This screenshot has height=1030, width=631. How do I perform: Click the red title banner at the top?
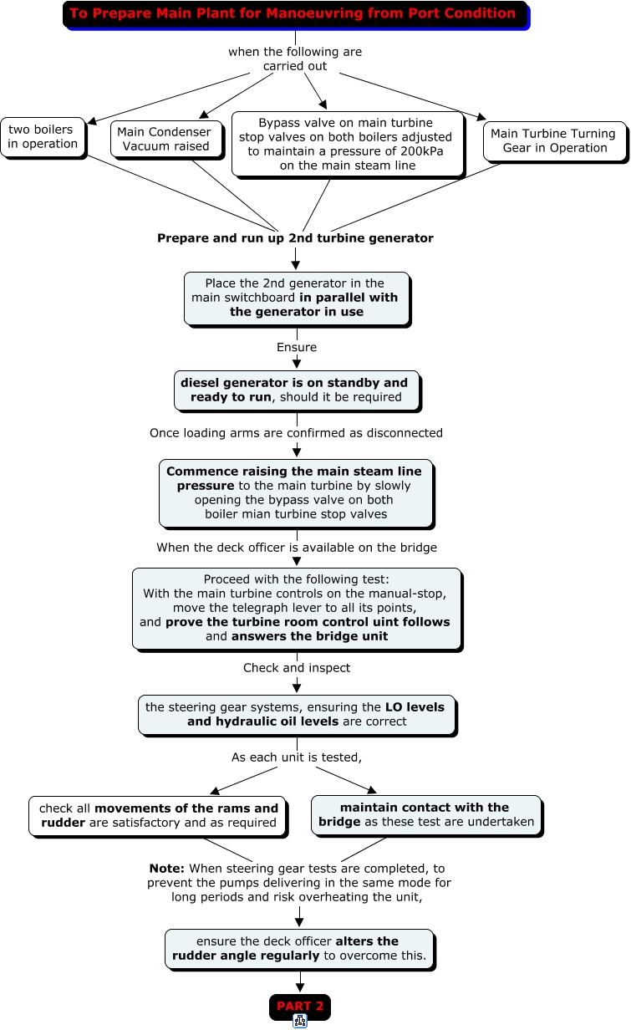(296, 15)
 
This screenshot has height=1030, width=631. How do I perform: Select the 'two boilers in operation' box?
(43, 137)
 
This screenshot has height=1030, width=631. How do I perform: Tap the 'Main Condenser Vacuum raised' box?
(167, 140)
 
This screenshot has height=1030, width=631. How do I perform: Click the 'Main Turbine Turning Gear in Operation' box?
(555, 141)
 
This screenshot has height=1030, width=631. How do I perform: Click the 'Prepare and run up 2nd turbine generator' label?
(295, 238)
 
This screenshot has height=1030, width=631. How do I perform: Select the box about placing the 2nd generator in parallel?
(297, 299)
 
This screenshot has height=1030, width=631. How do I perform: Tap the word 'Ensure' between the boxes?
(297, 347)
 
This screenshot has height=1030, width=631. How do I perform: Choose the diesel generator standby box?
(297, 391)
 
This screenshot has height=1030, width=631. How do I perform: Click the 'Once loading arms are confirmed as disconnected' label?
(296, 433)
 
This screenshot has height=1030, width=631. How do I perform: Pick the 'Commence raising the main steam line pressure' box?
(297, 494)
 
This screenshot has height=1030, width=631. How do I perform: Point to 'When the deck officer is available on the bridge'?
(297, 548)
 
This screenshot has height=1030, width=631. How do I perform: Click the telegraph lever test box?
(297, 609)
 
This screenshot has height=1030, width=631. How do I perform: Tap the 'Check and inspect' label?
(297, 668)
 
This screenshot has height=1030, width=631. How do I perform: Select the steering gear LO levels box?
(298, 716)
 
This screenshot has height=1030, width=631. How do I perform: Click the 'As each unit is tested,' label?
(297, 757)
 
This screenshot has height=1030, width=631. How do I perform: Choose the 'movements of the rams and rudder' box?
(158, 817)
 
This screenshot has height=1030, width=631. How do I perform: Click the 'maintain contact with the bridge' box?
(426, 816)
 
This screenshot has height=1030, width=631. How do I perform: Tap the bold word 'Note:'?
(167, 868)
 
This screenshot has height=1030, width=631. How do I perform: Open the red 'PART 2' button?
(300, 1007)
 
